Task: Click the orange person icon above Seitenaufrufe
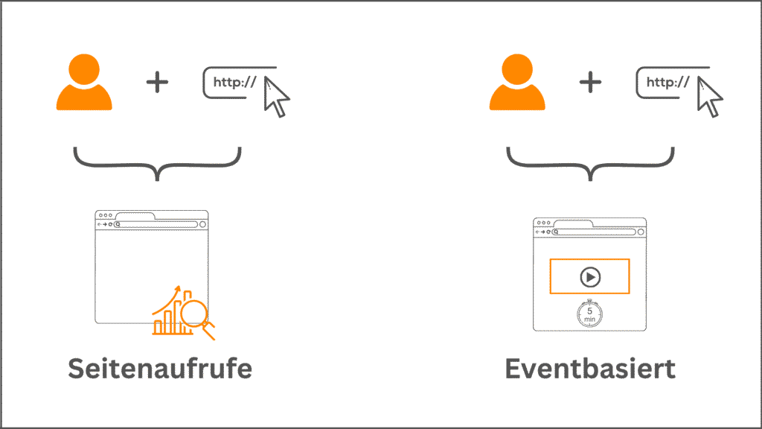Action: (84, 83)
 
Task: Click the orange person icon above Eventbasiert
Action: (517, 83)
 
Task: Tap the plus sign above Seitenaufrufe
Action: (157, 82)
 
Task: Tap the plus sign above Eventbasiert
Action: (590, 82)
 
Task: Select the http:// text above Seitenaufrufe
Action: (234, 83)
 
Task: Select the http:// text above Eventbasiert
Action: (667, 83)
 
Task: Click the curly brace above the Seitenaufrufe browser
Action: (157, 163)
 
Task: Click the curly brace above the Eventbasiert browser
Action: (590, 163)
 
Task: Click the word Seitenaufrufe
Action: (160, 369)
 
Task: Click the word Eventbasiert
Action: (590, 369)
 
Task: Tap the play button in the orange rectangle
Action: (589, 277)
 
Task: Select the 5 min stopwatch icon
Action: (589, 314)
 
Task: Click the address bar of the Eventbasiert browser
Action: (595, 231)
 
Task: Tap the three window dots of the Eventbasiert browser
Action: (542, 223)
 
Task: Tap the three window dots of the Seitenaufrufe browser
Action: (104, 215)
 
